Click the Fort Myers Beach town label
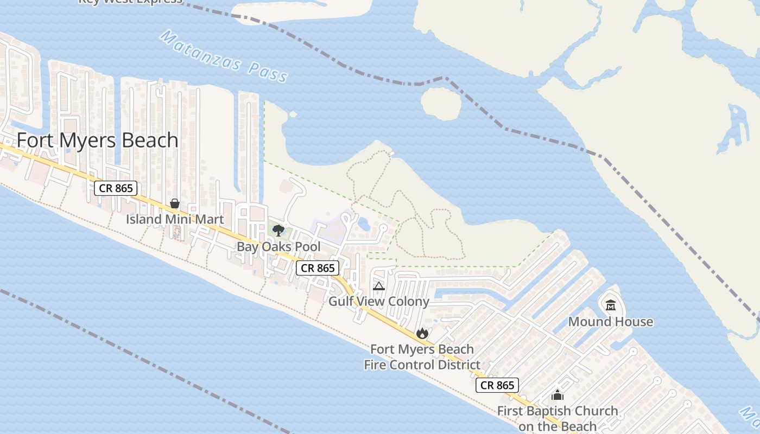[x=98, y=141]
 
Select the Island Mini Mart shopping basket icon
[x=175, y=204]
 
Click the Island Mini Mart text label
[x=175, y=219]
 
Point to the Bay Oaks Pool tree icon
[x=278, y=231]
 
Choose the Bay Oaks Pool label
[x=278, y=247]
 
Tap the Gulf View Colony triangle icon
[x=379, y=286]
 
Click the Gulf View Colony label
[x=379, y=302]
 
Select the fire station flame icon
[x=422, y=333]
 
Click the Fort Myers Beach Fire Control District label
[x=422, y=357]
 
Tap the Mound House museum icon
[x=611, y=305]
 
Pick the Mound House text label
[x=611, y=322]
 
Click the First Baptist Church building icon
[x=558, y=395]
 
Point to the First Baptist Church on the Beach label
[x=558, y=419]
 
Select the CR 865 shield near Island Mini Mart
[x=116, y=188]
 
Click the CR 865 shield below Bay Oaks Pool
[x=318, y=268]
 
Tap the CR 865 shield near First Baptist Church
[x=498, y=385]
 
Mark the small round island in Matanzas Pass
[x=441, y=103]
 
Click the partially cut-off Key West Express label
[x=130, y=2]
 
